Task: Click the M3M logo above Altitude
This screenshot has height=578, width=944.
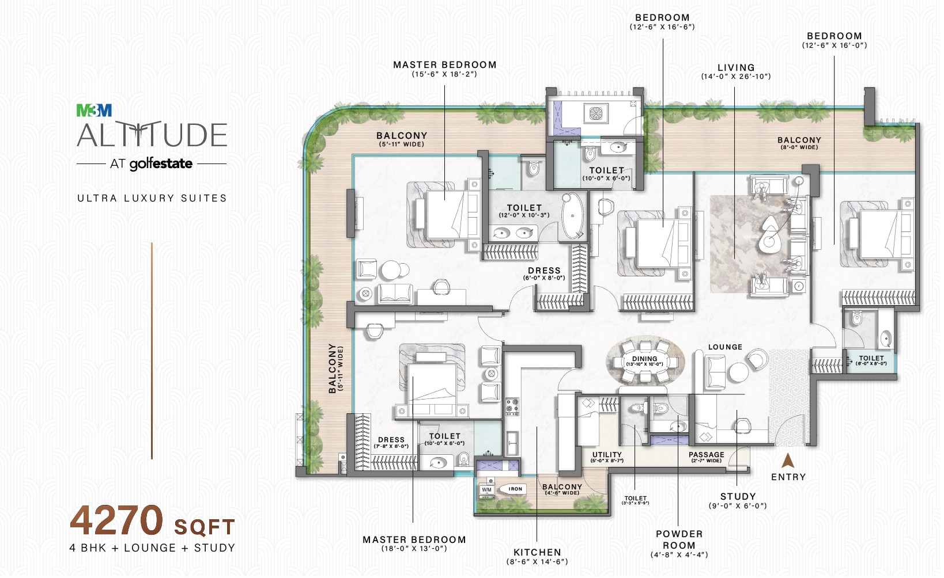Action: pyautogui.click(x=94, y=110)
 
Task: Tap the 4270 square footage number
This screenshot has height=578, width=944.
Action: pyautogui.click(x=117, y=520)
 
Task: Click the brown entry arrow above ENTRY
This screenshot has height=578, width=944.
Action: pyautogui.click(x=788, y=461)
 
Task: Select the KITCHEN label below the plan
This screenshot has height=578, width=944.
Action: pyautogui.click(x=537, y=552)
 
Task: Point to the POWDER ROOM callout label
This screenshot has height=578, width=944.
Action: pyautogui.click(x=679, y=539)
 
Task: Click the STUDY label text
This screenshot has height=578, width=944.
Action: pyautogui.click(x=738, y=496)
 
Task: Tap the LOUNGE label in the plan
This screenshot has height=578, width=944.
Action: pyautogui.click(x=725, y=347)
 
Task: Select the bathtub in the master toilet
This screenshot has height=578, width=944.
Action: pyautogui.click(x=573, y=215)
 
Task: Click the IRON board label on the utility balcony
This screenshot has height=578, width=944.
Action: pyautogui.click(x=515, y=489)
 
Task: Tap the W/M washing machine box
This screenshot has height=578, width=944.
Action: pyautogui.click(x=487, y=490)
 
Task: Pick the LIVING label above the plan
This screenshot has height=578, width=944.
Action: pyautogui.click(x=736, y=67)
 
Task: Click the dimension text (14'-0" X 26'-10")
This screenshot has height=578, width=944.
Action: pyautogui.click(x=736, y=77)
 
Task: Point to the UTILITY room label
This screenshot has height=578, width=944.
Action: pyautogui.click(x=607, y=455)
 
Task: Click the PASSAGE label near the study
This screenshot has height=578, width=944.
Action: pyautogui.click(x=706, y=455)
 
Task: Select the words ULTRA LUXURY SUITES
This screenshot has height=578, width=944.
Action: pyautogui.click(x=152, y=198)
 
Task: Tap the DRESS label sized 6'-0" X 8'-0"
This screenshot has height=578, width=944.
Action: pyautogui.click(x=544, y=271)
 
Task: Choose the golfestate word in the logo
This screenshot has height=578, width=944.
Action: pyautogui.click(x=161, y=164)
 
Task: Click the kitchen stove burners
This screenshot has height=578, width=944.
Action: pyautogui.click(x=512, y=406)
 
